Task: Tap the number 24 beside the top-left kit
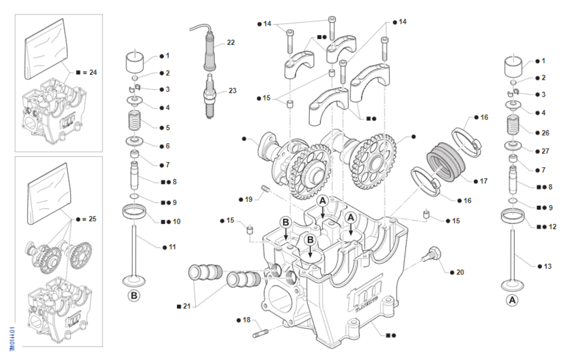[92, 72]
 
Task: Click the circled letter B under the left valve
[134, 295]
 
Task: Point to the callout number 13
[547, 266]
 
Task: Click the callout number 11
[172, 247]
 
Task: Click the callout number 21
[187, 306]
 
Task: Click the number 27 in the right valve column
[546, 151]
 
